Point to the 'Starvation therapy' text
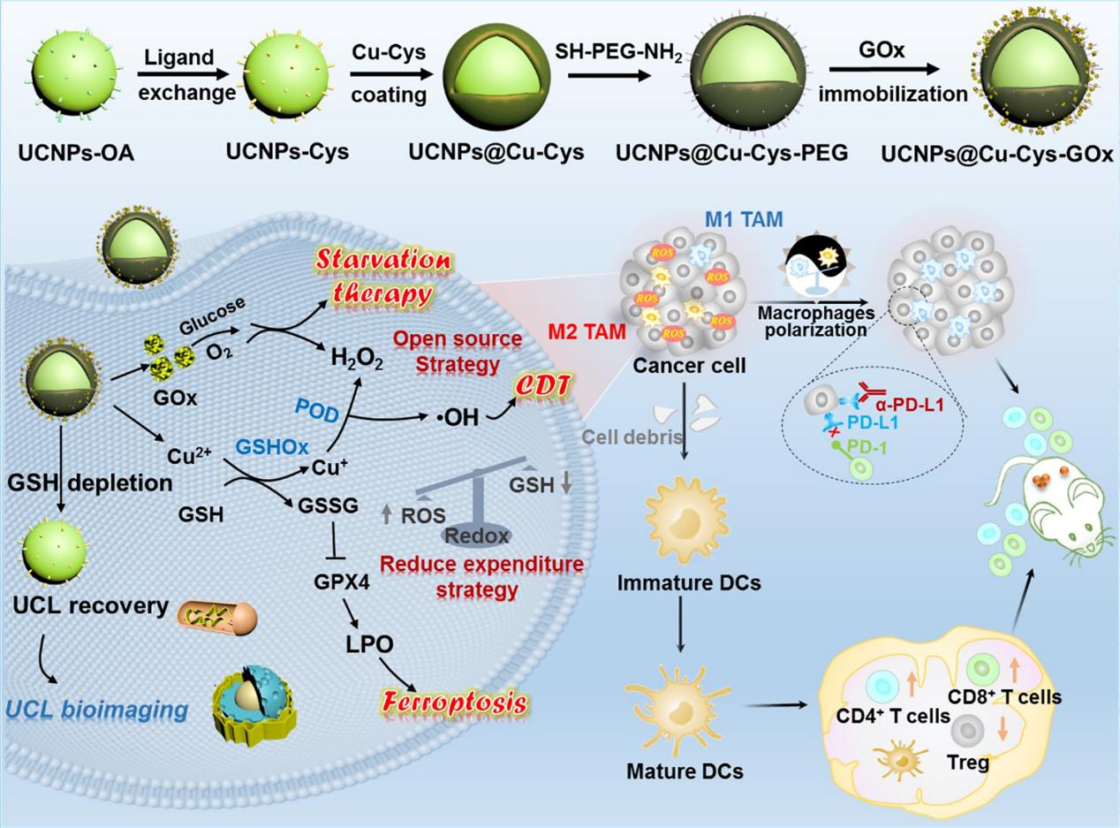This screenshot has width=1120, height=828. (382, 277)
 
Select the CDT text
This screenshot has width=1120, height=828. (545, 385)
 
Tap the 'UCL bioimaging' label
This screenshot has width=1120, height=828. (96, 708)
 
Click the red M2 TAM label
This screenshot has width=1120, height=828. (586, 331)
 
